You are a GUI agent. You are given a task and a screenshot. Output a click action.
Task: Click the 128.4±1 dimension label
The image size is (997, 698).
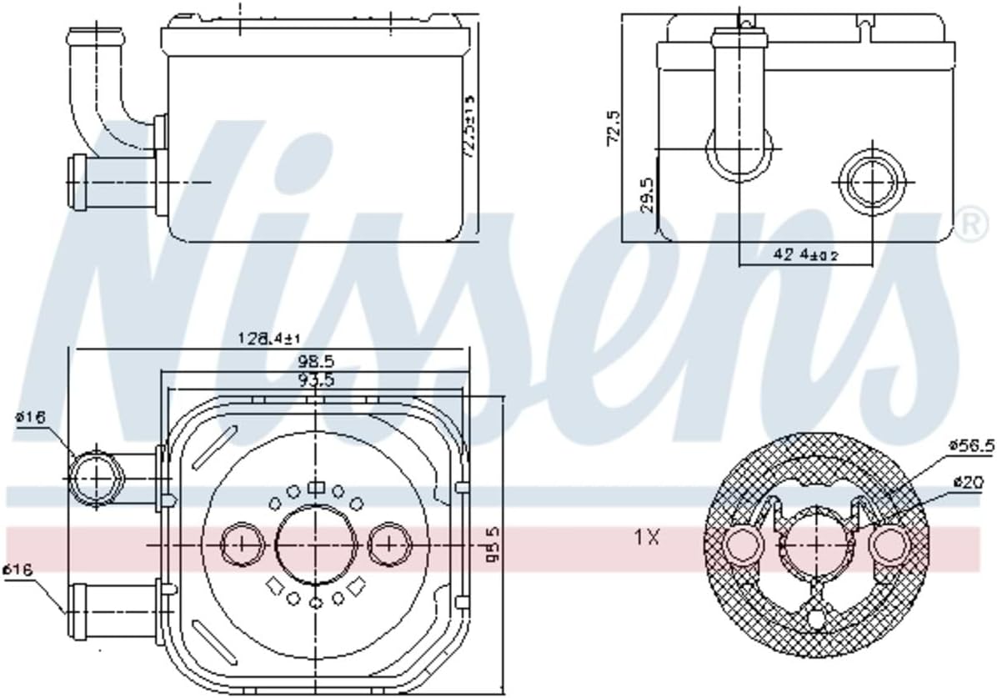269,339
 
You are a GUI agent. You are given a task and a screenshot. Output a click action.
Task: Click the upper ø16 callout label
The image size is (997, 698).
31,418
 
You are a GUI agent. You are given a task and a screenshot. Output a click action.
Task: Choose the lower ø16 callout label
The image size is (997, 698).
18,570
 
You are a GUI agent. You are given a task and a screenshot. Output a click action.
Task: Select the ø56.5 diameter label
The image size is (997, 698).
971,445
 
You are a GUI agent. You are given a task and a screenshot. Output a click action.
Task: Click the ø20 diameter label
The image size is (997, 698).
966,481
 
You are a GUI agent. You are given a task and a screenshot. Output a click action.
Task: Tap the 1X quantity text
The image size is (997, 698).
647,538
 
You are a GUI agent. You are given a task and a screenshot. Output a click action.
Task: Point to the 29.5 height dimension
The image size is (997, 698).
645,193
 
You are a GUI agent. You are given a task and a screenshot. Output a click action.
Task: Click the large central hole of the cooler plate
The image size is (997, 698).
315,544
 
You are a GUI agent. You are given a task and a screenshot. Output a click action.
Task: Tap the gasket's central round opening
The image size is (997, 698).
816,546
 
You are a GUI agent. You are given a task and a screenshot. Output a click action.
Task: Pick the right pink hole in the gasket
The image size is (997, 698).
889,545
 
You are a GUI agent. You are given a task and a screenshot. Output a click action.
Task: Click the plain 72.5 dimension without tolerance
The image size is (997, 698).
614,125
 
